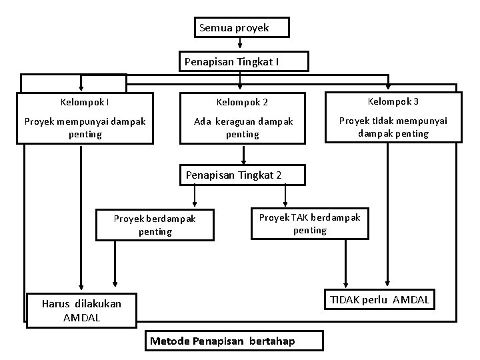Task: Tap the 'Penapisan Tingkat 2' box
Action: [x=243, y=175]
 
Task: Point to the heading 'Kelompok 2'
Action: [x=242, y=102]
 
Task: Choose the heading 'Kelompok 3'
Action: [x=393, y=101]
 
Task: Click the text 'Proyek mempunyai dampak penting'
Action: [x=85, y=127]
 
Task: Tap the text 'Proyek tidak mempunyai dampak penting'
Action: [x=393, y=127]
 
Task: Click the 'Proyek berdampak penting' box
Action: [x=155, y=225]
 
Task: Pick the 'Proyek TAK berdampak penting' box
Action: [x=309, y=223]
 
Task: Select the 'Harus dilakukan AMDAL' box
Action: [x=81, y=310]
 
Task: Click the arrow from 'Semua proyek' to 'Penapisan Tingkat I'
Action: [x=240, y=43]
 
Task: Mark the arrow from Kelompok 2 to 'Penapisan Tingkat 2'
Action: [x=244, y=154]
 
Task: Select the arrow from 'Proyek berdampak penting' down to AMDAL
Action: [x=115, y=263]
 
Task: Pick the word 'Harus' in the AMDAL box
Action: [x=56, y=303]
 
